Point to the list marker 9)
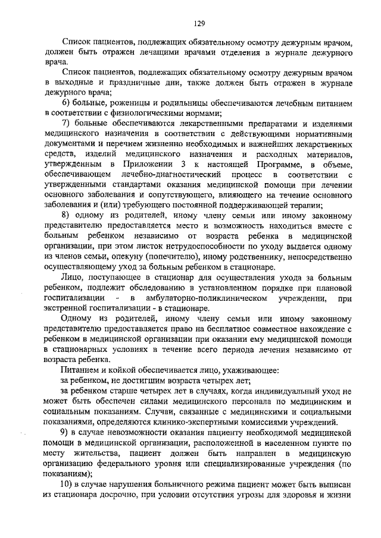click(x=66, y=434)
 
